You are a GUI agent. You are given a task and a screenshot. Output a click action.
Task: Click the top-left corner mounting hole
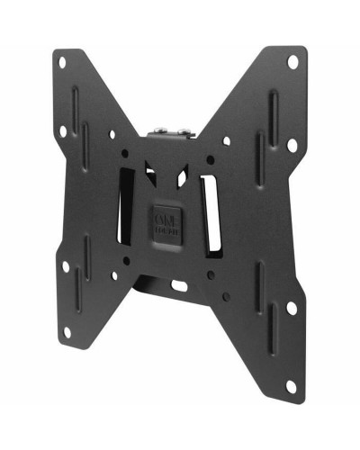coord(61,64)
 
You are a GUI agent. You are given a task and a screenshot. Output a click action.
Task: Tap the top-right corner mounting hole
coord(292,61)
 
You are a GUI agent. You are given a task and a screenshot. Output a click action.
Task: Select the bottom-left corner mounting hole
coord(67,331)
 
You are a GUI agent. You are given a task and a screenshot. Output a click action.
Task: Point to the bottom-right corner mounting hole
coord(290,386)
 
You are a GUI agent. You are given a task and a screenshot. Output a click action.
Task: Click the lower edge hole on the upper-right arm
coord(292,145)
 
